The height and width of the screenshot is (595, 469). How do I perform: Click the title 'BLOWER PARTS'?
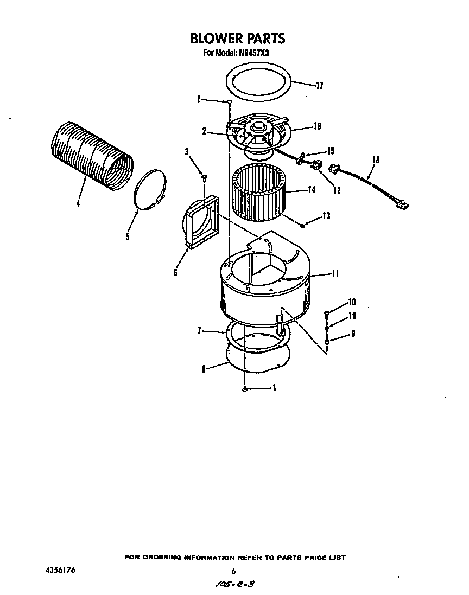point(237,39)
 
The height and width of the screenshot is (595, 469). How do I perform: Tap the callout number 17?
point(319,85)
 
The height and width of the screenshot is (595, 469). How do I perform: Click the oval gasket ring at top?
point(259,81)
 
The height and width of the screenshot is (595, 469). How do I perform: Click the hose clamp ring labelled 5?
point(150,190)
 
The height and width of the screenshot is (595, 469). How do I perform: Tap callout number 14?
point(310,190)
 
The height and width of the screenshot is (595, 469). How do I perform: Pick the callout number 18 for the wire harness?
point(376,160)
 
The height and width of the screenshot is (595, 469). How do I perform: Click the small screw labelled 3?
point(204,176)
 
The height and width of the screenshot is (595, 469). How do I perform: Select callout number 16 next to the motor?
point(317,126)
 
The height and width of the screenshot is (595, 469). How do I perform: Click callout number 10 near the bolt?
point(352,302)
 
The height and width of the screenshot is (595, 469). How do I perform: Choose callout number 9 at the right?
point(353,334)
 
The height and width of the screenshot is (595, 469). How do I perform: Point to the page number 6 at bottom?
point(233,571)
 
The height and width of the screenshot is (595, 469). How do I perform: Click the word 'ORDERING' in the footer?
point(164,558)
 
